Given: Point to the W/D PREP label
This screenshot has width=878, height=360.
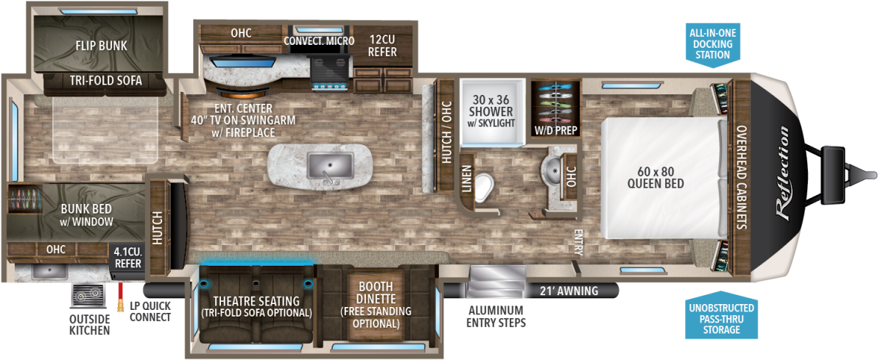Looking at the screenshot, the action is (555, 131).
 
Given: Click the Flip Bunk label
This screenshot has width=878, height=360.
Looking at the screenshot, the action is (102, 46).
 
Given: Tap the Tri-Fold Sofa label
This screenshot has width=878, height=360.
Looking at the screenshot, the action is (106, 81).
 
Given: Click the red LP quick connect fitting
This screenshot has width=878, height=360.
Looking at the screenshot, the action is (120, 296).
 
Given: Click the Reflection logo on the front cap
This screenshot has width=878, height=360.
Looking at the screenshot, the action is (784, 172).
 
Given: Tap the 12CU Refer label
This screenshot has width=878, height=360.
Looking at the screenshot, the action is (383, 46).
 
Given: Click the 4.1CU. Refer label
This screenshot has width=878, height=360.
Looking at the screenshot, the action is (128, 258).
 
